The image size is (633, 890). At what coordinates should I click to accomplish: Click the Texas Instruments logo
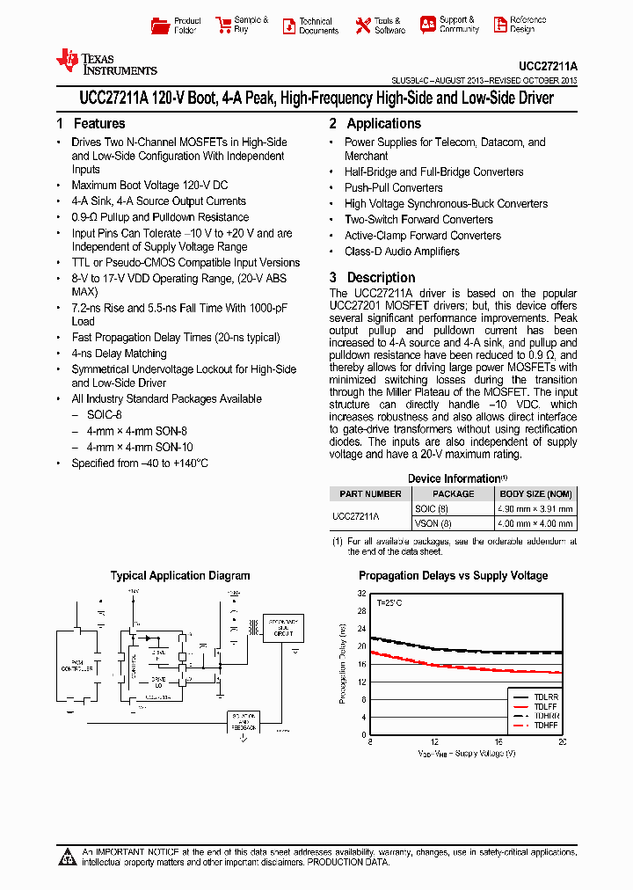tap(105, 62)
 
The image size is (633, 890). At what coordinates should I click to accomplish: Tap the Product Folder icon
tap(159, 26)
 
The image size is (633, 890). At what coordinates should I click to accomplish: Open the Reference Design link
tap(500, 25)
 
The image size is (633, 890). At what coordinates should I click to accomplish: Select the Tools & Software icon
tap(363, 26)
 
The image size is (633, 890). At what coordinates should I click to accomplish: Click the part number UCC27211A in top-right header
tap(548, 66)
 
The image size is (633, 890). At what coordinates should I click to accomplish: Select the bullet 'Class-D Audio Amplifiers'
tap(402, 252)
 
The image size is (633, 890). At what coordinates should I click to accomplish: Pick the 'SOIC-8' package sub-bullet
tap(105, 415)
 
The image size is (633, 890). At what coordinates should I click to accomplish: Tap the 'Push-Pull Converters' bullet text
tap(393, 188)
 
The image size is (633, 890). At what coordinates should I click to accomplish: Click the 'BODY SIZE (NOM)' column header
tap(536, 494)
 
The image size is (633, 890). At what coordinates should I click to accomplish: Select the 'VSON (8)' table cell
tap(433, 523)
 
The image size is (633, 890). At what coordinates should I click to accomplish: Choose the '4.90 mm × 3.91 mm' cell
tap(536, 509)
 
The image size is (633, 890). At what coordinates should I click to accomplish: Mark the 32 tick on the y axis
tap(360, 595)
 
